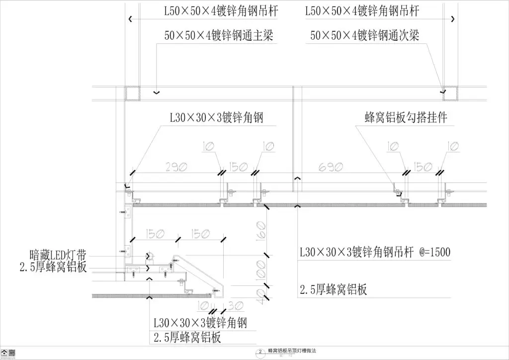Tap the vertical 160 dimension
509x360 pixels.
262,229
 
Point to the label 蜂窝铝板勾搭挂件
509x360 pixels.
406,118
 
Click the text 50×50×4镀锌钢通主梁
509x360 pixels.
219,36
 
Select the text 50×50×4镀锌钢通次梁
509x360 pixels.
365,36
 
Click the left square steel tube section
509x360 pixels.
132,93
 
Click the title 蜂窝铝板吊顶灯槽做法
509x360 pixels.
291,351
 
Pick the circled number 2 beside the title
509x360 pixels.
260,352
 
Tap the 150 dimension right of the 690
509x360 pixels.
424,168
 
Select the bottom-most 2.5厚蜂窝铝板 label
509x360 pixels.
186,338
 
